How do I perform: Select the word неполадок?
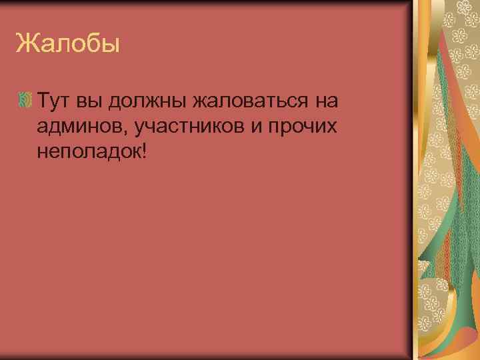[x=91, y=152]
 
